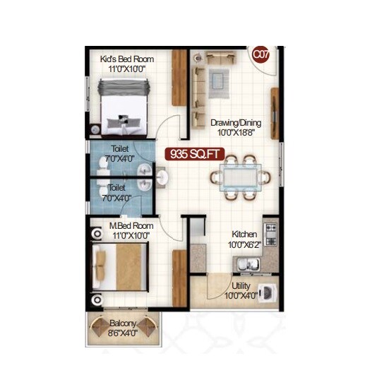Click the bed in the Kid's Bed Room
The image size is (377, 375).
point(124,106)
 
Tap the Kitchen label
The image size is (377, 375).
point(245,235)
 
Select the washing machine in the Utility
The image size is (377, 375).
point(268,292)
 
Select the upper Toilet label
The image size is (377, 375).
point(119,149)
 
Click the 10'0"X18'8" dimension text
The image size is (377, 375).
point(234,132)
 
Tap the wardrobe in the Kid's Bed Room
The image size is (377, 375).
point(180,78)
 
